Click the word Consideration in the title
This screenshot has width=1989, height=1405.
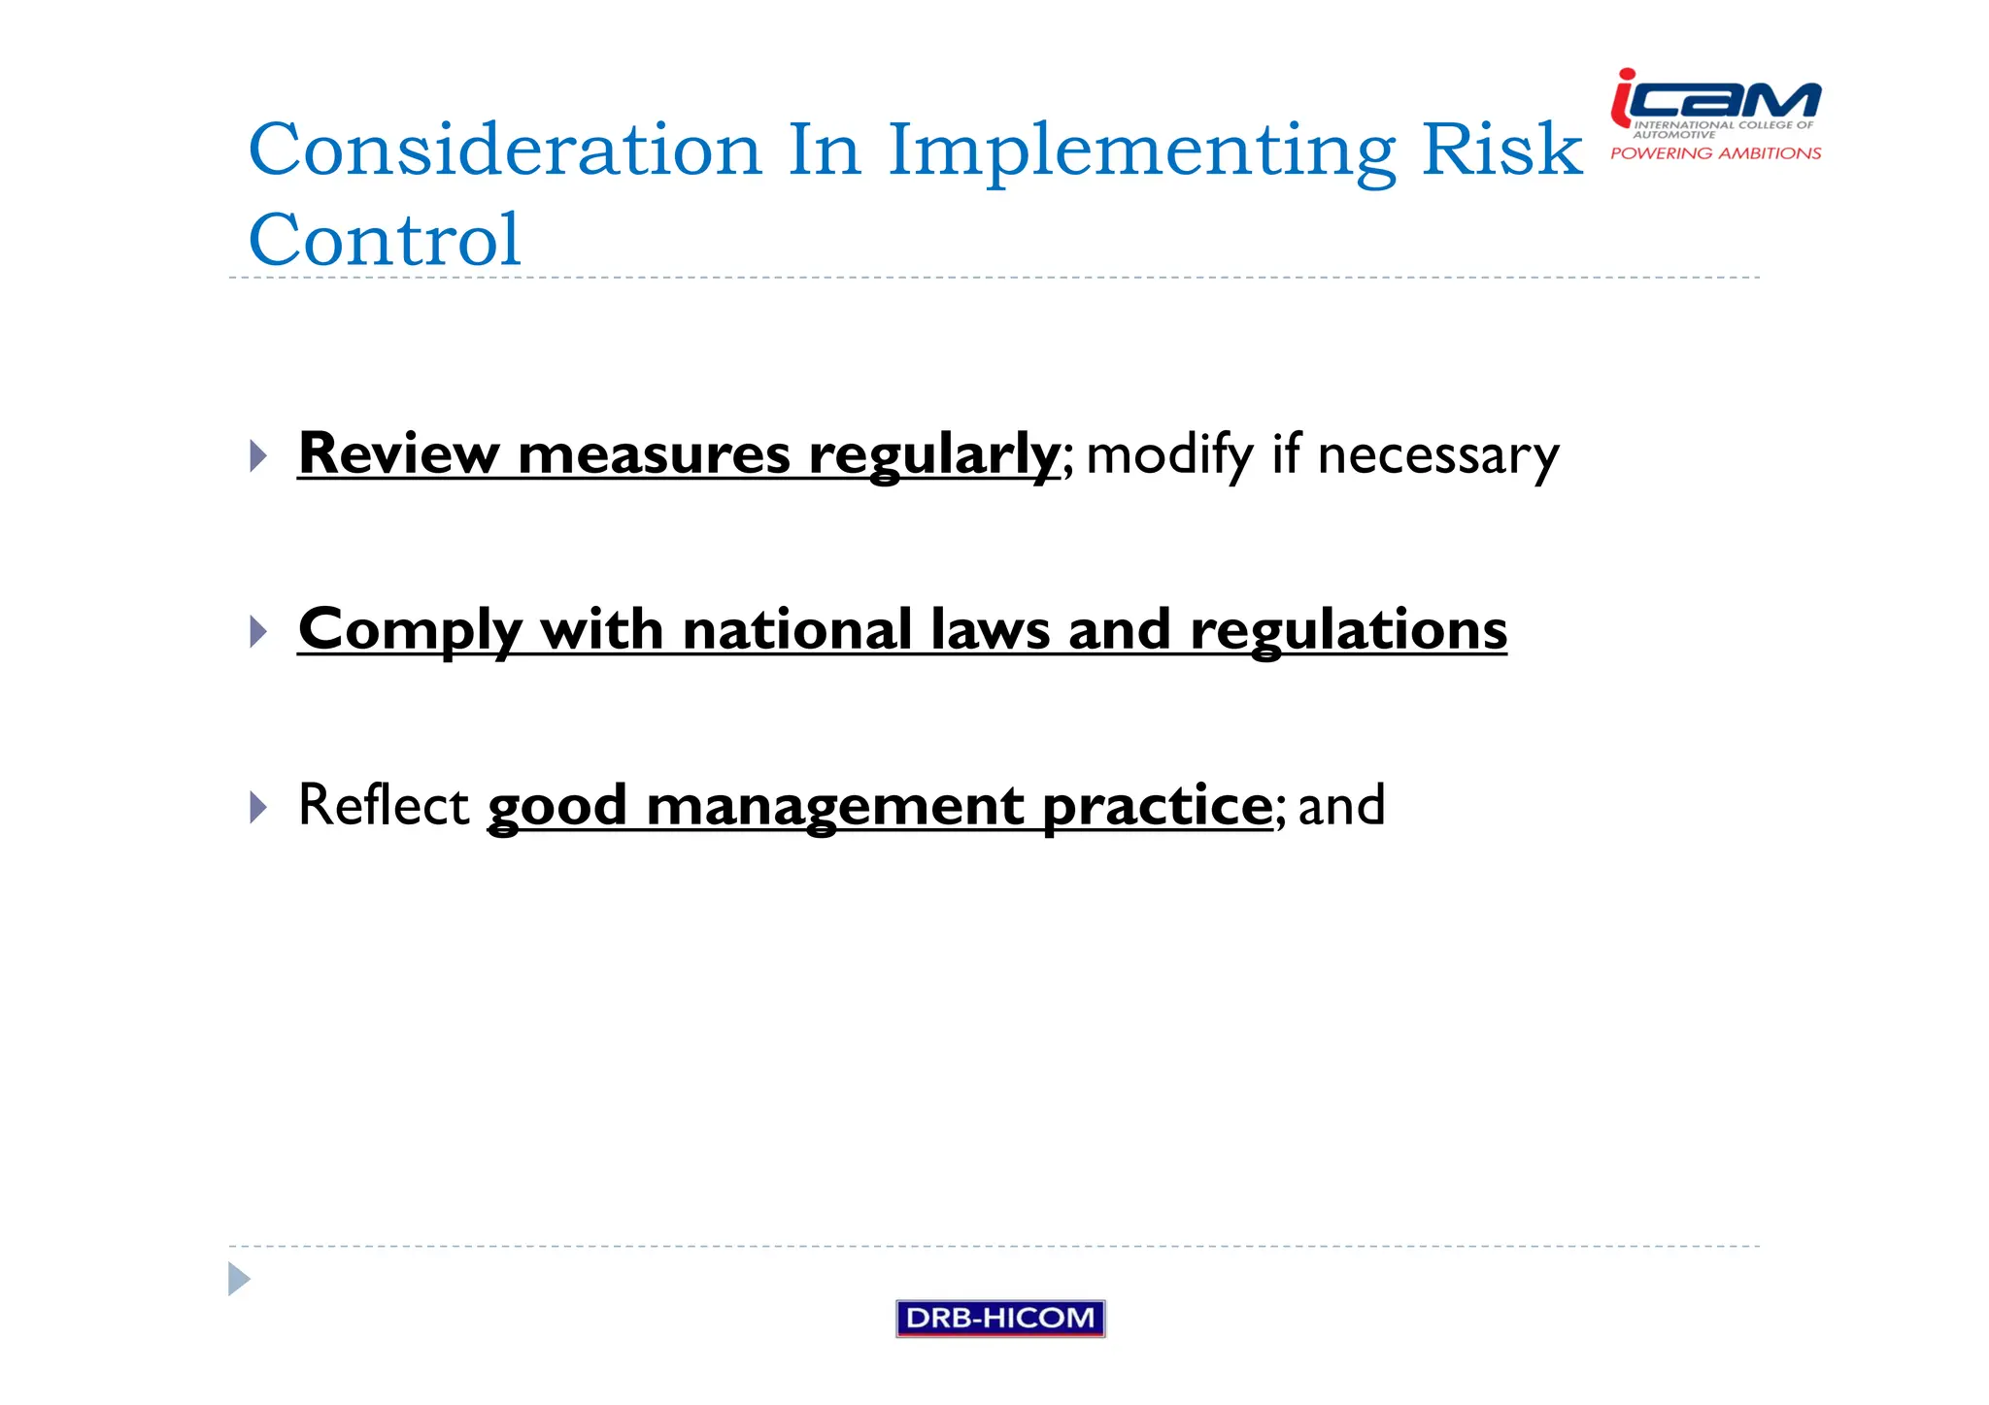[x=505, y=151]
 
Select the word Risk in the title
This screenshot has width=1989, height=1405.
[x=1501, y=151]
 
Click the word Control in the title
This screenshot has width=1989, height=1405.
[x=385, y=240]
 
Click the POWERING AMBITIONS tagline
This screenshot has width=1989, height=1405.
[x=1715, y=153]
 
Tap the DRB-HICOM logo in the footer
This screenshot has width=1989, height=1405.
[x=999, y=1318]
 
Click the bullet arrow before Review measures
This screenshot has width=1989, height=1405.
[x=257, y=455]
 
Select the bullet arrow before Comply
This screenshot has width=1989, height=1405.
[x=257, y=631]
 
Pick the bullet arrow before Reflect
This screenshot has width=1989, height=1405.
[x=257, y=807]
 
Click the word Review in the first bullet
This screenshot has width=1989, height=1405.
[x=398, y=453]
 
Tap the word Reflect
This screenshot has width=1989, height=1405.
[x=384, y=805]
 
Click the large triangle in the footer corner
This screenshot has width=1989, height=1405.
[x=238, y=1279]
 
